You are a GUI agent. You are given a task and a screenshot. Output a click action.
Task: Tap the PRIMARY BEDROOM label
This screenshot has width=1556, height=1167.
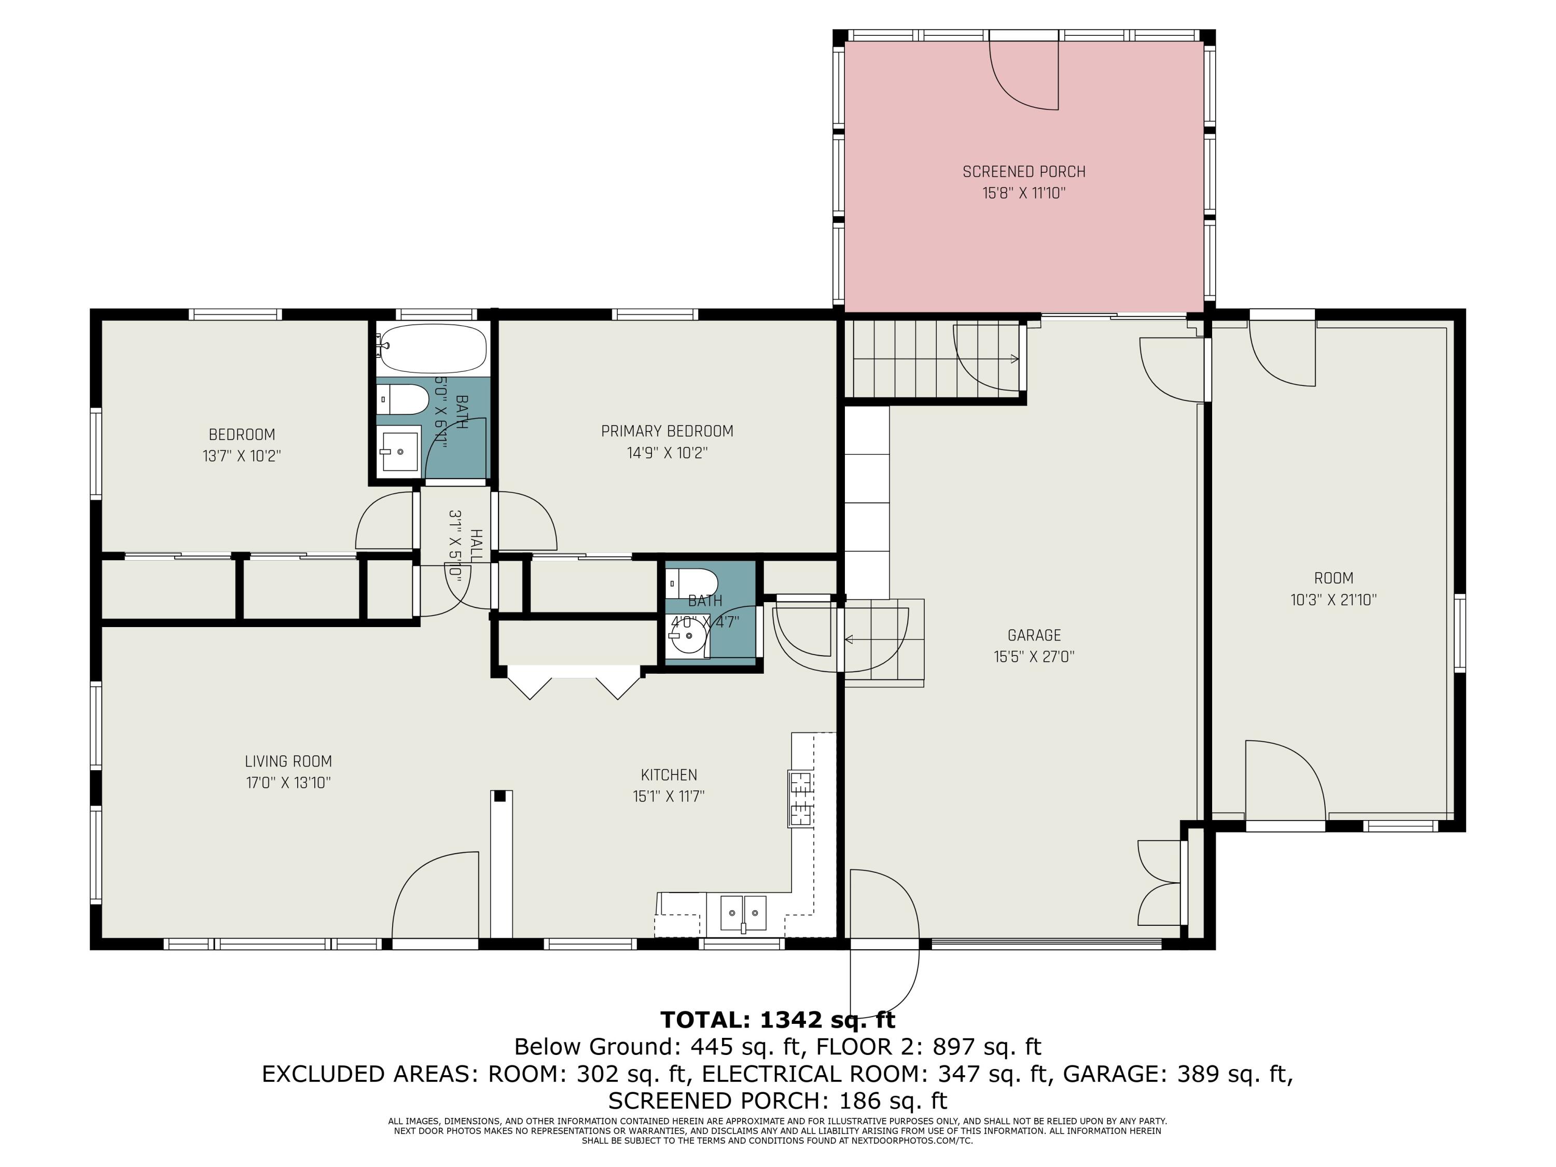coord(667,431)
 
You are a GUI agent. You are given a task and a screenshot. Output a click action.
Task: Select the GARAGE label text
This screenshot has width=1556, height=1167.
coord(1034,635)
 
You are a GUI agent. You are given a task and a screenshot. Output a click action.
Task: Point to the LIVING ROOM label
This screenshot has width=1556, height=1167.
coord(288,761)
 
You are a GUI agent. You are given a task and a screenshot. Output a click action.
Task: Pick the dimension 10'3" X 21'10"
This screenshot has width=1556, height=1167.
coord(1333,600)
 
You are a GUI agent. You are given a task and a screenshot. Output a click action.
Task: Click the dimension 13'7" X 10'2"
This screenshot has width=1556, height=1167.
coord(242,456)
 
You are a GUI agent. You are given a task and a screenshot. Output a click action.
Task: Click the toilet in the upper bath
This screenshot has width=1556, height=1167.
coord(402,399)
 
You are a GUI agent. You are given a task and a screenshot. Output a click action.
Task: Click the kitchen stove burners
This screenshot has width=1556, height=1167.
coord(800,798)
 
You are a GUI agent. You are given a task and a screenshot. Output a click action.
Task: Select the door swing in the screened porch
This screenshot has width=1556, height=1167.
coord(1024,75)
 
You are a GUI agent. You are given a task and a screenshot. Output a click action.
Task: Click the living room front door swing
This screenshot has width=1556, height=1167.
coord(436,895)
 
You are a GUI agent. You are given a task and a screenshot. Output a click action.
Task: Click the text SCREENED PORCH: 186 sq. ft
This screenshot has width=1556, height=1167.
coord(778,1100)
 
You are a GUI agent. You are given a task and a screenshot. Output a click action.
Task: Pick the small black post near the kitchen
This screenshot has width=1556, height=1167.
coord(500,796)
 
